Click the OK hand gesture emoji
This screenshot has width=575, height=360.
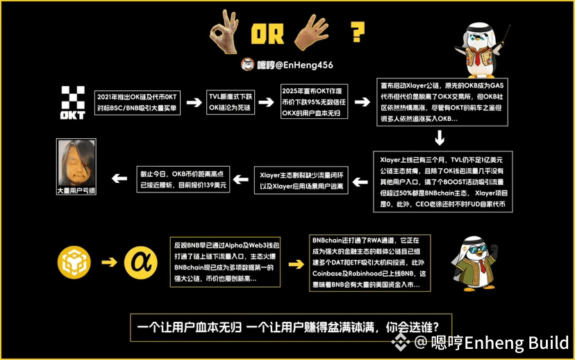pyautogui.click(x=228, y=31)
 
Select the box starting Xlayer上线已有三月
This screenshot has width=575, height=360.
pyautogui.click(x=442, y=180)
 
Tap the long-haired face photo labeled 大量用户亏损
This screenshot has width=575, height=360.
pyautogui.click(x=76, y=166)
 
